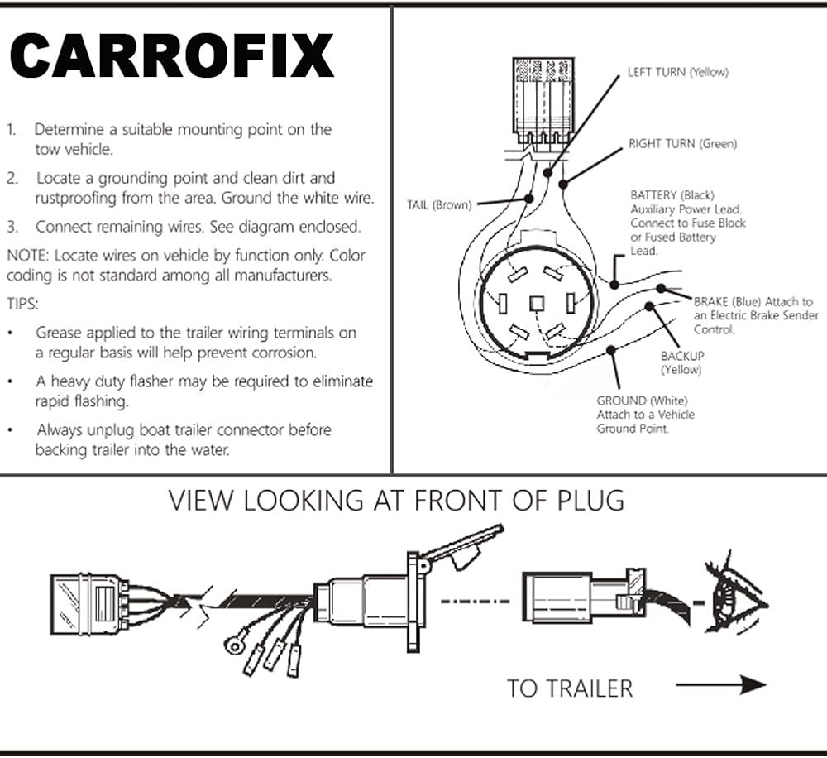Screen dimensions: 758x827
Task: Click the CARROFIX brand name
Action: pos(172,57)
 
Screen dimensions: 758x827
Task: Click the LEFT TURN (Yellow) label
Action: pos(677,72)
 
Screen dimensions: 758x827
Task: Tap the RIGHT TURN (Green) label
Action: pos(682,144)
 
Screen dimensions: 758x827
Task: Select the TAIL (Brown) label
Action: pos(438,204)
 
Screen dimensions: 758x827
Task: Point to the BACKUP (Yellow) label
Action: pos(681,362)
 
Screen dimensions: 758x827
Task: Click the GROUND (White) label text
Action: pos(633,401)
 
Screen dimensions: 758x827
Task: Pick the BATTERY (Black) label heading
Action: pos(672,195)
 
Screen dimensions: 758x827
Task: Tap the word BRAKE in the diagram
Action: pos(711,302)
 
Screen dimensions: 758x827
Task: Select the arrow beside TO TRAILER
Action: pos(721,684)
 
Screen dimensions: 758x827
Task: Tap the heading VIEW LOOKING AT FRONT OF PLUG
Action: pos(396,501)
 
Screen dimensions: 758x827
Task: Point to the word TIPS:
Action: pos(22,304)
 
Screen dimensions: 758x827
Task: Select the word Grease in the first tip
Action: pos(60,333)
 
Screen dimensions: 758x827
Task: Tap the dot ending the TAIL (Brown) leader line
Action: pos(529,199)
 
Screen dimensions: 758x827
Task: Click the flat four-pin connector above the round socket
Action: pos(543,101)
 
